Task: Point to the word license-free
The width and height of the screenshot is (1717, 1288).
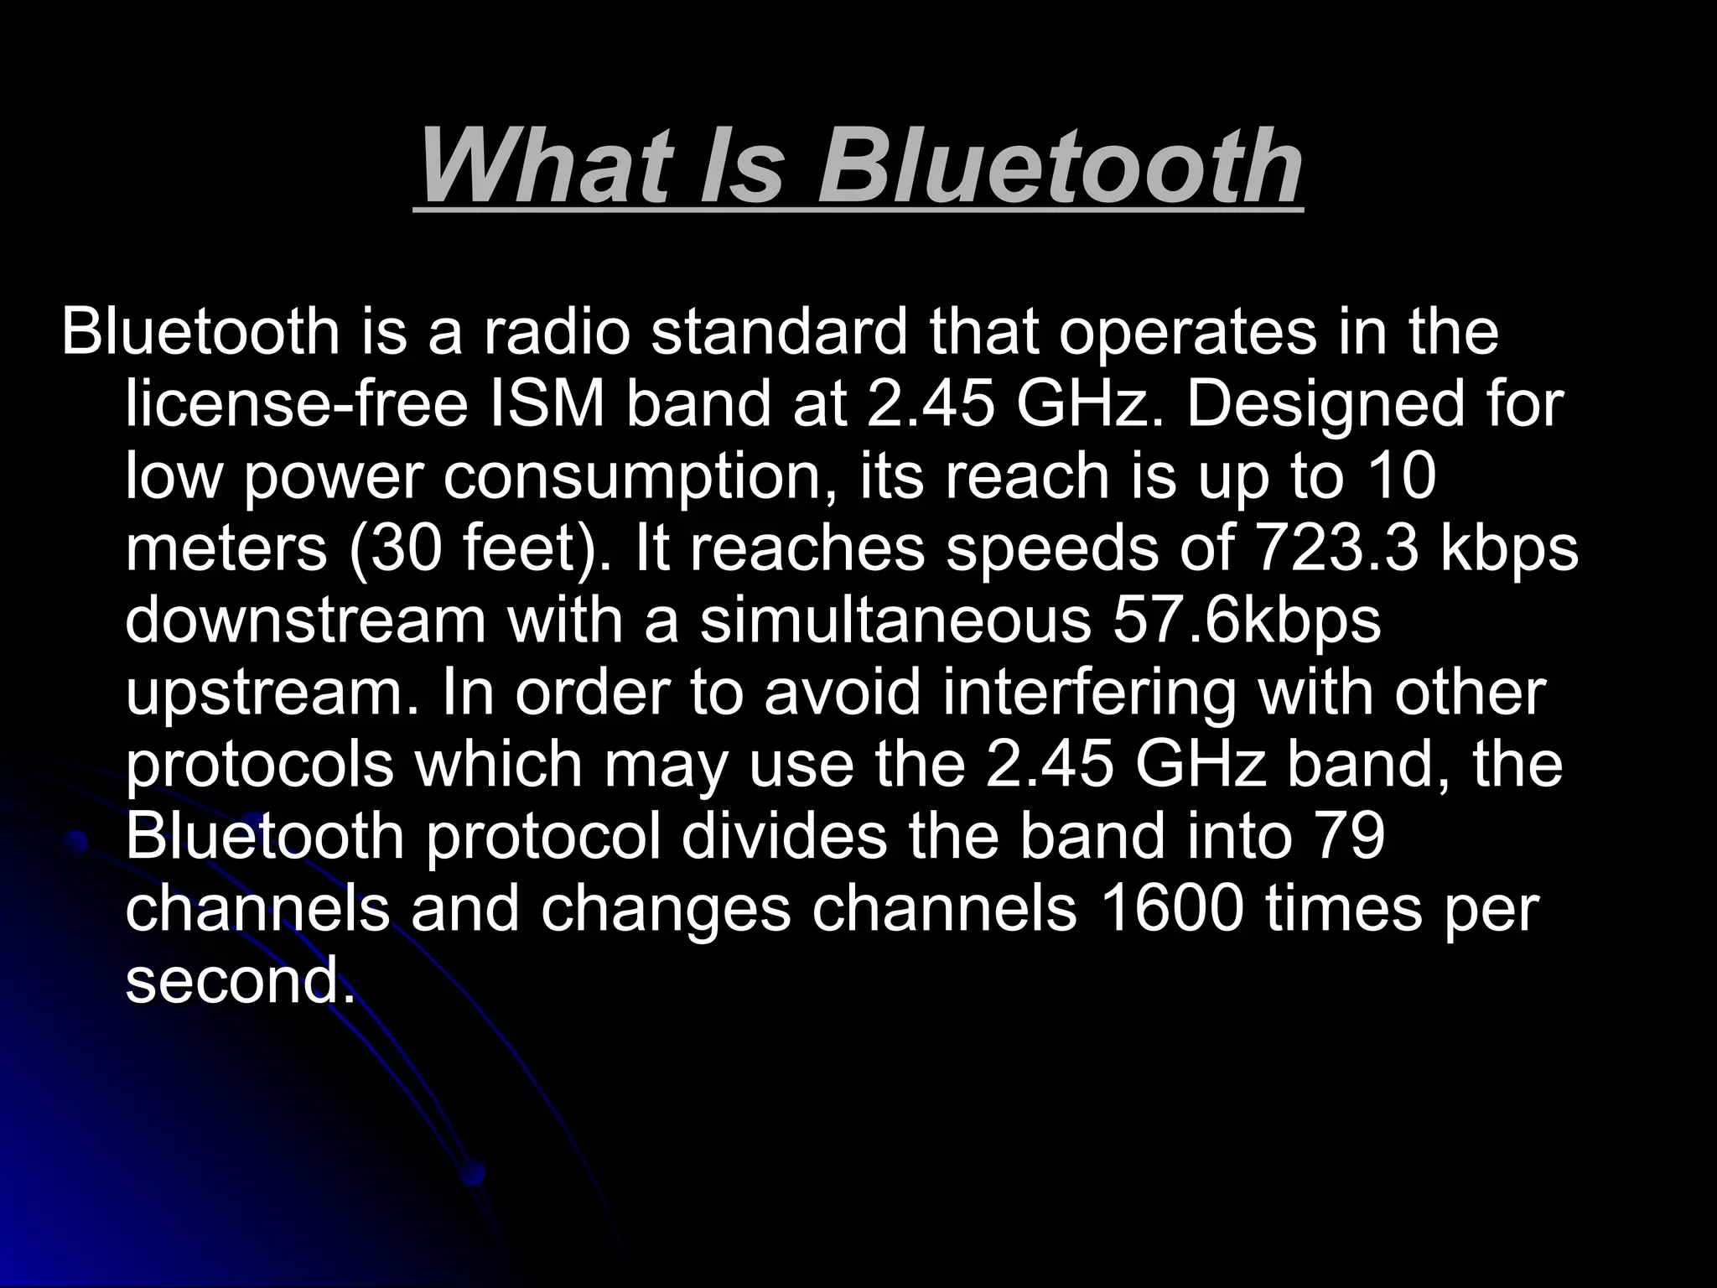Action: [x=296, y=404]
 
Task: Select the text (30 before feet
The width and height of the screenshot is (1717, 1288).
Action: [x=395, y=548]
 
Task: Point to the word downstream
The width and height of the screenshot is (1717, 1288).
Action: [x=306, y=621]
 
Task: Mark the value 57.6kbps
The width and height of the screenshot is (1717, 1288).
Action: [x=1246, y=622]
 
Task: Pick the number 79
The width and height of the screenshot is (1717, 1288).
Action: [x=1349, y=837]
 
